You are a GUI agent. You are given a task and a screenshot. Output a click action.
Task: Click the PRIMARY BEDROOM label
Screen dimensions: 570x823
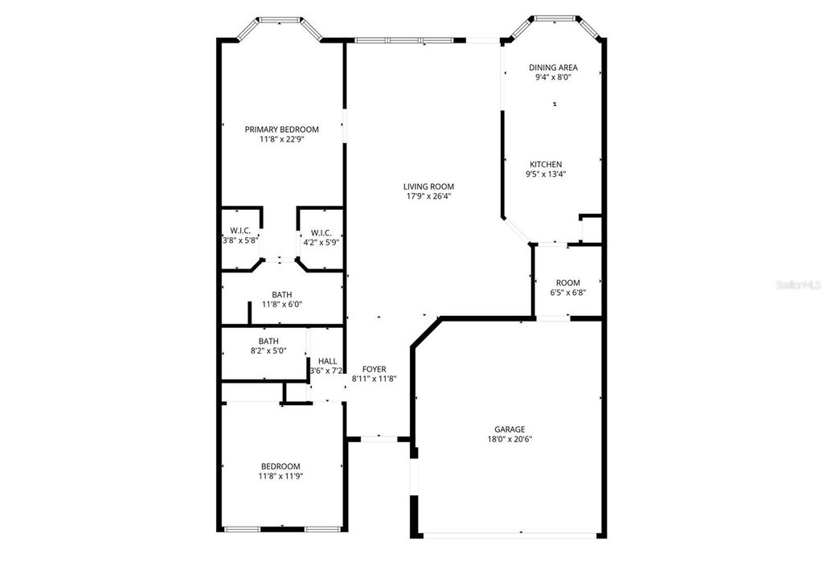(x=281, y=129)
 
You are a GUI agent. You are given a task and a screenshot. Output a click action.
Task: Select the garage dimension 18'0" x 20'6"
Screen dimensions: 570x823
(x=510, y=439)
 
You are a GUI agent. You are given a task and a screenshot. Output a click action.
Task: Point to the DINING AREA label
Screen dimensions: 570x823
(x=553, y=68)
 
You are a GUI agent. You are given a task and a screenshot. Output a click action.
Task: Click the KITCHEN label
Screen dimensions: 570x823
(x=545, y=164)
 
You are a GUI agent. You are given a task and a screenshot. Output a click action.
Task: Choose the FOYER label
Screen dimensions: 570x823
(x=374, y=369)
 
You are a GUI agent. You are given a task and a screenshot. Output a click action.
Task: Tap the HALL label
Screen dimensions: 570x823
(x=327, y=361)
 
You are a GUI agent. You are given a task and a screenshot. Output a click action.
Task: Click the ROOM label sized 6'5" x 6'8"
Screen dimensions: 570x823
(x=567, y=283)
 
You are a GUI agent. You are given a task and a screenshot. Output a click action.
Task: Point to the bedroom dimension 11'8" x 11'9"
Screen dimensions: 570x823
(x=280, y=476)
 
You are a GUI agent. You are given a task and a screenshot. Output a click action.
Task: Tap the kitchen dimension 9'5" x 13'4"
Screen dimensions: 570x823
(x=545, y=174)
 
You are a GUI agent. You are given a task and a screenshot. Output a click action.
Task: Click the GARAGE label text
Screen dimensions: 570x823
(x=510, y=429)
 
